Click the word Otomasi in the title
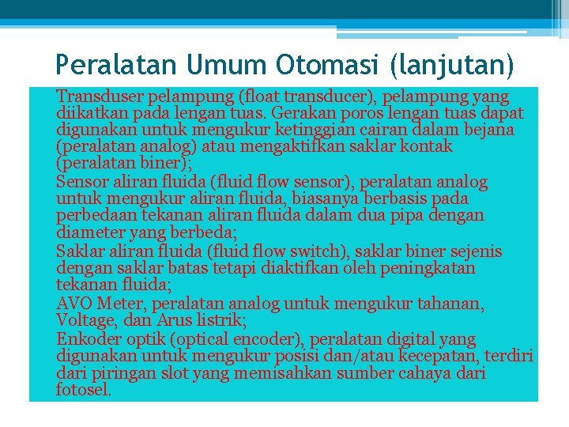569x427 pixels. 322,62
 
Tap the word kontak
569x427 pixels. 426,146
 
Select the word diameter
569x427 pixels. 85,232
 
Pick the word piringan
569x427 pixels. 122,373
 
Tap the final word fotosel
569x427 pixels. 83,390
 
